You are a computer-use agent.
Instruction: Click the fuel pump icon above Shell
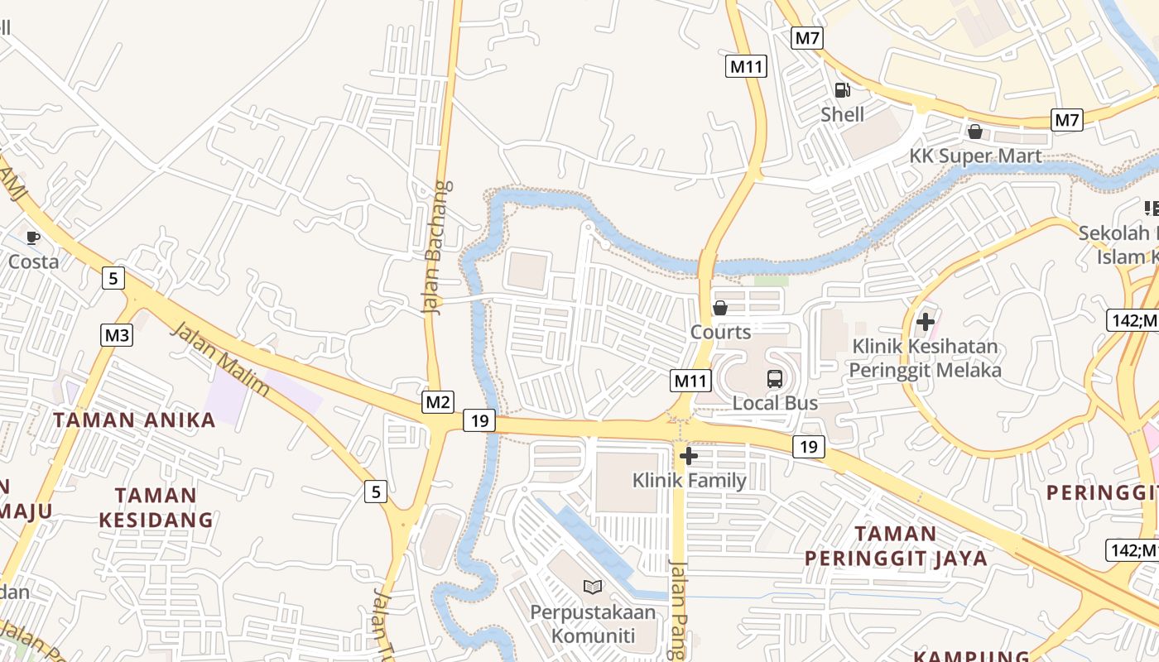tap(842, 91)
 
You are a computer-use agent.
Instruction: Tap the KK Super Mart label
tap(975, 156)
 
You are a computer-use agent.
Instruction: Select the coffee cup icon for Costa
tap(33, 238)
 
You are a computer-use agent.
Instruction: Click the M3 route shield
tap(117, 335)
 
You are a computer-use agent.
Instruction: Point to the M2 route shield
tap(438, 402)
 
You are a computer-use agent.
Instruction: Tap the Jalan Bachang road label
tap(439, 247)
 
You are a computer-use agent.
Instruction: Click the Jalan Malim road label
tap(220, 359)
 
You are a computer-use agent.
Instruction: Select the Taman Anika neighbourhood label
tap(134, 420)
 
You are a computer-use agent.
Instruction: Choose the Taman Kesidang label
tap(156, 507)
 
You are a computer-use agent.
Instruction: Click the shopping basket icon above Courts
tap(720, 308)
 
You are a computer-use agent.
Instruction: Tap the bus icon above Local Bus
tap(775, 379)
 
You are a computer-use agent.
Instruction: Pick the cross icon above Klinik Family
tap(689, 456)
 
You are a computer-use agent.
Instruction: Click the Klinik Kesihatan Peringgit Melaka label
tap(925, 358)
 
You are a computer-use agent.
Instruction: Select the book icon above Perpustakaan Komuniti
tap(593, 588)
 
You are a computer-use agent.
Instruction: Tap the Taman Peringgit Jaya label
tap(897, 545)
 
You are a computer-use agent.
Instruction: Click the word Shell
tap(842, 114)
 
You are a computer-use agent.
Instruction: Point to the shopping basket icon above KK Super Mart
tap(975, 132)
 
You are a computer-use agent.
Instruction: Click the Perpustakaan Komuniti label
tap(593, 624)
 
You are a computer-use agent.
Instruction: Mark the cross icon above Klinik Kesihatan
tap(926, 321)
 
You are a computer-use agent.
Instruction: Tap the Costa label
tap(34, 262)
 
